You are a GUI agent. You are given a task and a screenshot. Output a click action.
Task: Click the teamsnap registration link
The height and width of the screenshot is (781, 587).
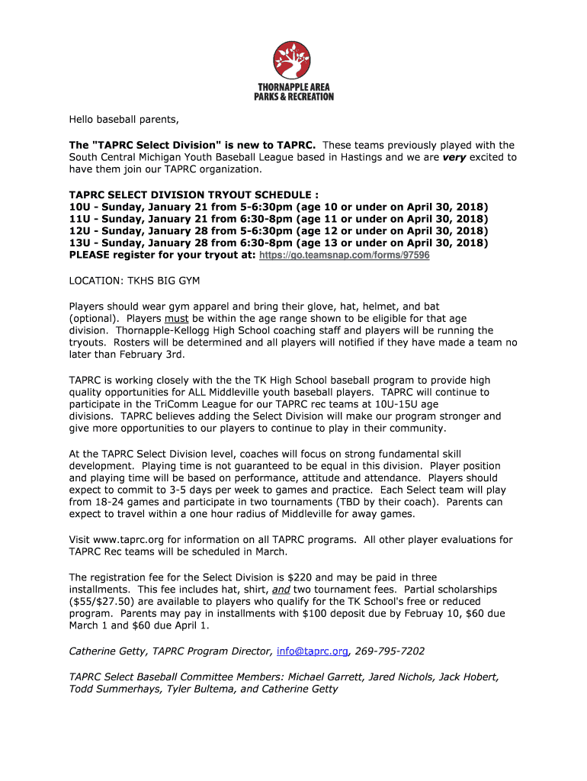(345, 256)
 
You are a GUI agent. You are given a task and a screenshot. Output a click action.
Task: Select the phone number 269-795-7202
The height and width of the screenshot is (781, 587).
(390, 651)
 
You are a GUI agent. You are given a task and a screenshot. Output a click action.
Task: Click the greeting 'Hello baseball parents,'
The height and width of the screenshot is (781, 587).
(124, 120)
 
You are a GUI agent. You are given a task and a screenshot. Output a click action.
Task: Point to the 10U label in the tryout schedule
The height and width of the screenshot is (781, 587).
(79, 207)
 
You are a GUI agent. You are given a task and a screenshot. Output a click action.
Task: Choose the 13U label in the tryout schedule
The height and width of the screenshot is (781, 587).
(79, 243)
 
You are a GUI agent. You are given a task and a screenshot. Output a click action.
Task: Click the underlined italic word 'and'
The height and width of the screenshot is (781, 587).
(281, 590)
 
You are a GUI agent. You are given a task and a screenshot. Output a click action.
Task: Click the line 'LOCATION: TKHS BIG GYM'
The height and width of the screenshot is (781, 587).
(134, 281)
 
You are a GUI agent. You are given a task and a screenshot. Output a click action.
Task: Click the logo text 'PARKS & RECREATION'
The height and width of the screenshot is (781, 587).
(293, 97)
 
